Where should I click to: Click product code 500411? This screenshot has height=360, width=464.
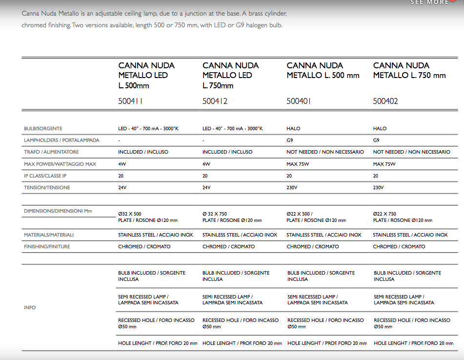pyautogui.click(x=131, y=101)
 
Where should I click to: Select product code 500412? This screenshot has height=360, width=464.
pyautogui.click(x=215, y=101)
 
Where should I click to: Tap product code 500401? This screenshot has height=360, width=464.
pyautogui.click(x=299, y=101)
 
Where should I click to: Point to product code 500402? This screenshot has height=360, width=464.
pyautogui.click(x=386, y=101)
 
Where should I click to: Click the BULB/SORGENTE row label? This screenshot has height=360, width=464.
pyautogui.click(x=43, y=129)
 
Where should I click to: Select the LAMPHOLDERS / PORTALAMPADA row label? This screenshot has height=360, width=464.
pyautogui.click(x=61, y=140)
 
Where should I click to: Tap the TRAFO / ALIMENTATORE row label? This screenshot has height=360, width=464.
pyautogui.click(x=51, y=152)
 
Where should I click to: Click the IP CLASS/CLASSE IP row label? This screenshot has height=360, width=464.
pyautogui.click(x=45, y=176)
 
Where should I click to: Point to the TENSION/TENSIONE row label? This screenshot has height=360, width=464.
pyautogui.click(x=47, y=188)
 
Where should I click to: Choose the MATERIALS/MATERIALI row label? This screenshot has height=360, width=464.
pyautogui.click(x=49, y=235)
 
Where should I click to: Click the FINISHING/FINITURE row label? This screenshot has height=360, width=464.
pyautogui.click(x=47, y=247)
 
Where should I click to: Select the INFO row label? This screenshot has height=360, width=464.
pyautogui.click(x=30, y=308)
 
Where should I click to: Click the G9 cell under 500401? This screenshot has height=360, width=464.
pyautogui.click(x=290, y=140)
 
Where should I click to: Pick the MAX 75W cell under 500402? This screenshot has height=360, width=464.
pyautogui.click(x=384, y=164)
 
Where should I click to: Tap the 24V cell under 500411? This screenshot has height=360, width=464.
pyautogui.click(x=122, y=188)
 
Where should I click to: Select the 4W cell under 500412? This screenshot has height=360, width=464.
pyautogui.click(x=206, y=164)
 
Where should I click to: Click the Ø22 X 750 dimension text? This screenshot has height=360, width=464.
pyautogui.click(x=384, y=214)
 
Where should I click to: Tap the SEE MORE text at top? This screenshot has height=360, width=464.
pyautogui.click(x=429, y=2)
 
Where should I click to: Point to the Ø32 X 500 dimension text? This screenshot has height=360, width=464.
pyautogui.click(x=130, y=214)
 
